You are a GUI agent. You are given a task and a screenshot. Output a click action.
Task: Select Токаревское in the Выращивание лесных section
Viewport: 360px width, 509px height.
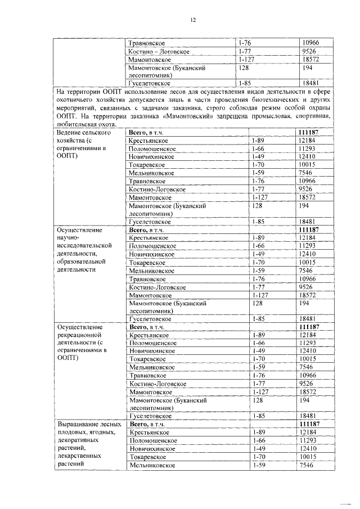147,457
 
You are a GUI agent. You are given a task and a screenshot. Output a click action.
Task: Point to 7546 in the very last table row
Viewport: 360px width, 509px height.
306,466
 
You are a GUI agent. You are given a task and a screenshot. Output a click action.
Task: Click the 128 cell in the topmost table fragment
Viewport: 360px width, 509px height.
244,67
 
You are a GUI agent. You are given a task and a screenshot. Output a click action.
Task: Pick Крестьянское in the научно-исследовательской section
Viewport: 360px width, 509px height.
149,238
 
